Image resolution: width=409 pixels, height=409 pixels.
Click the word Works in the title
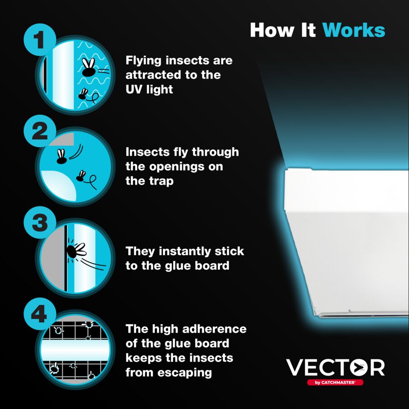353,30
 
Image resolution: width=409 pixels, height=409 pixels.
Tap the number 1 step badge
40,40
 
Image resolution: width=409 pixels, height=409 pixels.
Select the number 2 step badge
40,131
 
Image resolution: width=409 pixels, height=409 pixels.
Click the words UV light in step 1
149,89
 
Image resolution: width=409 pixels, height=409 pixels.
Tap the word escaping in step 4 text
186,372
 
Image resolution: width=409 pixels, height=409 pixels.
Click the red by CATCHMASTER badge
335,382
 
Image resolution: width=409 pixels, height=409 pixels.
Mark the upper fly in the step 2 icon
61,156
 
